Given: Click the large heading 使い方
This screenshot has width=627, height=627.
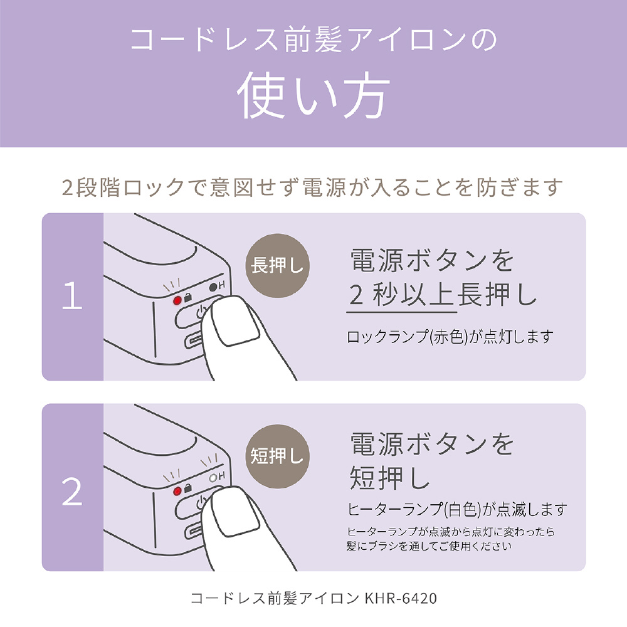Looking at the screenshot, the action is point(313,95).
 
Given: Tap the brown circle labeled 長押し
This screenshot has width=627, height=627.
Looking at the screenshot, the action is point(277,265).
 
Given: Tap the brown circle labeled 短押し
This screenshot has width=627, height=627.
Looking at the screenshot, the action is point(277,456).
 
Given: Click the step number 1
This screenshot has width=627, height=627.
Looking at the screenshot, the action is point(72,295).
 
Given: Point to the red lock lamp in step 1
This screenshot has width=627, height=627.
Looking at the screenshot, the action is point(177,300).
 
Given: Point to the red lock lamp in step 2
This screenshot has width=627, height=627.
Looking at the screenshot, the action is point(177,490).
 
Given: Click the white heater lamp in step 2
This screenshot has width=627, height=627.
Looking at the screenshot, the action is point(213,477).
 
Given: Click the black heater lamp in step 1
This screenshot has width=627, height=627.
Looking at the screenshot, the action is point(213,287).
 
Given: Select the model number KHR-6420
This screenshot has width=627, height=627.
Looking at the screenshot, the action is point(401,598).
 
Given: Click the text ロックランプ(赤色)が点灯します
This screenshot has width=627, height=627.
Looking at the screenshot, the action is point(450,337).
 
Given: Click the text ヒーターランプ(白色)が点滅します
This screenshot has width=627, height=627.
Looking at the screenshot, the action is point(457,509).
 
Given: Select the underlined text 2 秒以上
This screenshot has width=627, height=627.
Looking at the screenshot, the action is point(401,295).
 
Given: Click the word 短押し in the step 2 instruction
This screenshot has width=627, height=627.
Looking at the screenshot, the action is point(390,477).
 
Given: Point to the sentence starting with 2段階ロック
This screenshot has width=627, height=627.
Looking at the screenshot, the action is point(312,187).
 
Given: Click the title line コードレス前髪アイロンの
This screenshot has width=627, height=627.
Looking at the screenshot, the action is point(313,40).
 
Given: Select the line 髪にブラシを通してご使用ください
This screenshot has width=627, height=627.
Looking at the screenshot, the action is point(429,546).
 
